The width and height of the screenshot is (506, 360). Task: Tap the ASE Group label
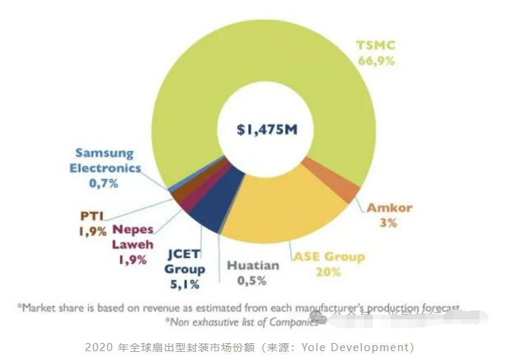(330, 257)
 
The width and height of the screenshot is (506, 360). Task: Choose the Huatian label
(253, 265)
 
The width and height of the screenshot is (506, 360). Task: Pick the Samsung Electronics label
(104, 160)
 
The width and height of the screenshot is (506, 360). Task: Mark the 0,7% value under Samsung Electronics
(104, 183)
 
